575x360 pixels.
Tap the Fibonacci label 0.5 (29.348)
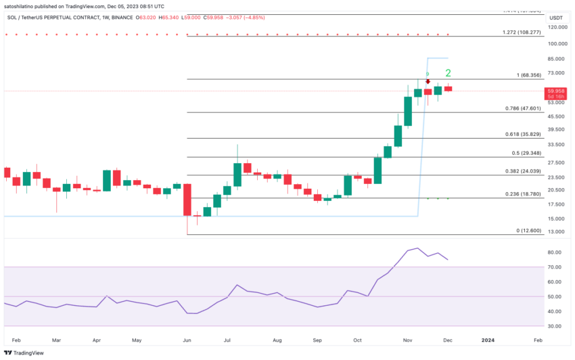point(525,153)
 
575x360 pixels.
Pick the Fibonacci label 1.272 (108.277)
point(522,32)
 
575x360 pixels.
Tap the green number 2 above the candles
point(448,73)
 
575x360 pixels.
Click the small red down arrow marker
point(428,81)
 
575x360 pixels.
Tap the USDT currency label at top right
point(556,17)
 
